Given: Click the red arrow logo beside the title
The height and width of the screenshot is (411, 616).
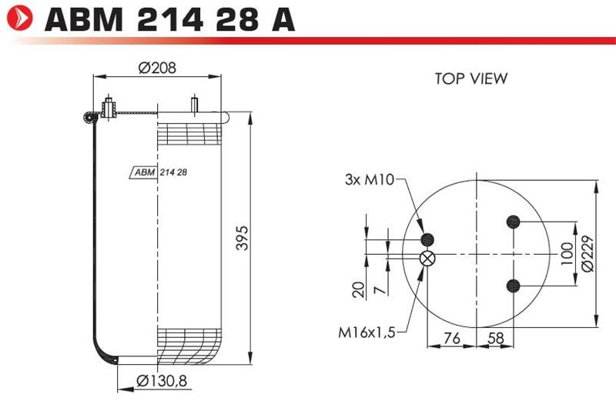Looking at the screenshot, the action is click(x=20, y=18).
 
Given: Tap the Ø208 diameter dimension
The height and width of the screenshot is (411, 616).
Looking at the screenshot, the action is click(x=157, y=68).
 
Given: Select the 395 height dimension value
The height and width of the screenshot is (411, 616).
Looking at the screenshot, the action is click(x=242, y=238).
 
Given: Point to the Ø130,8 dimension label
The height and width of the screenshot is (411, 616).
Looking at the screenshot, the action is click(x=162, y=380).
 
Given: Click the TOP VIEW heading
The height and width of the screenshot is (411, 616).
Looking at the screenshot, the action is click(x=471, y=79).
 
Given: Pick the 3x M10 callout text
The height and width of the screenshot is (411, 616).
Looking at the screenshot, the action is click(x=370, y=179).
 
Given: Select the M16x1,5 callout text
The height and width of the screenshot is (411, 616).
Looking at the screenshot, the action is click(x=367, y=332).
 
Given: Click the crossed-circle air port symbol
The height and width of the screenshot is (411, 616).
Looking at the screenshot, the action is click(x=427, y=259).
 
